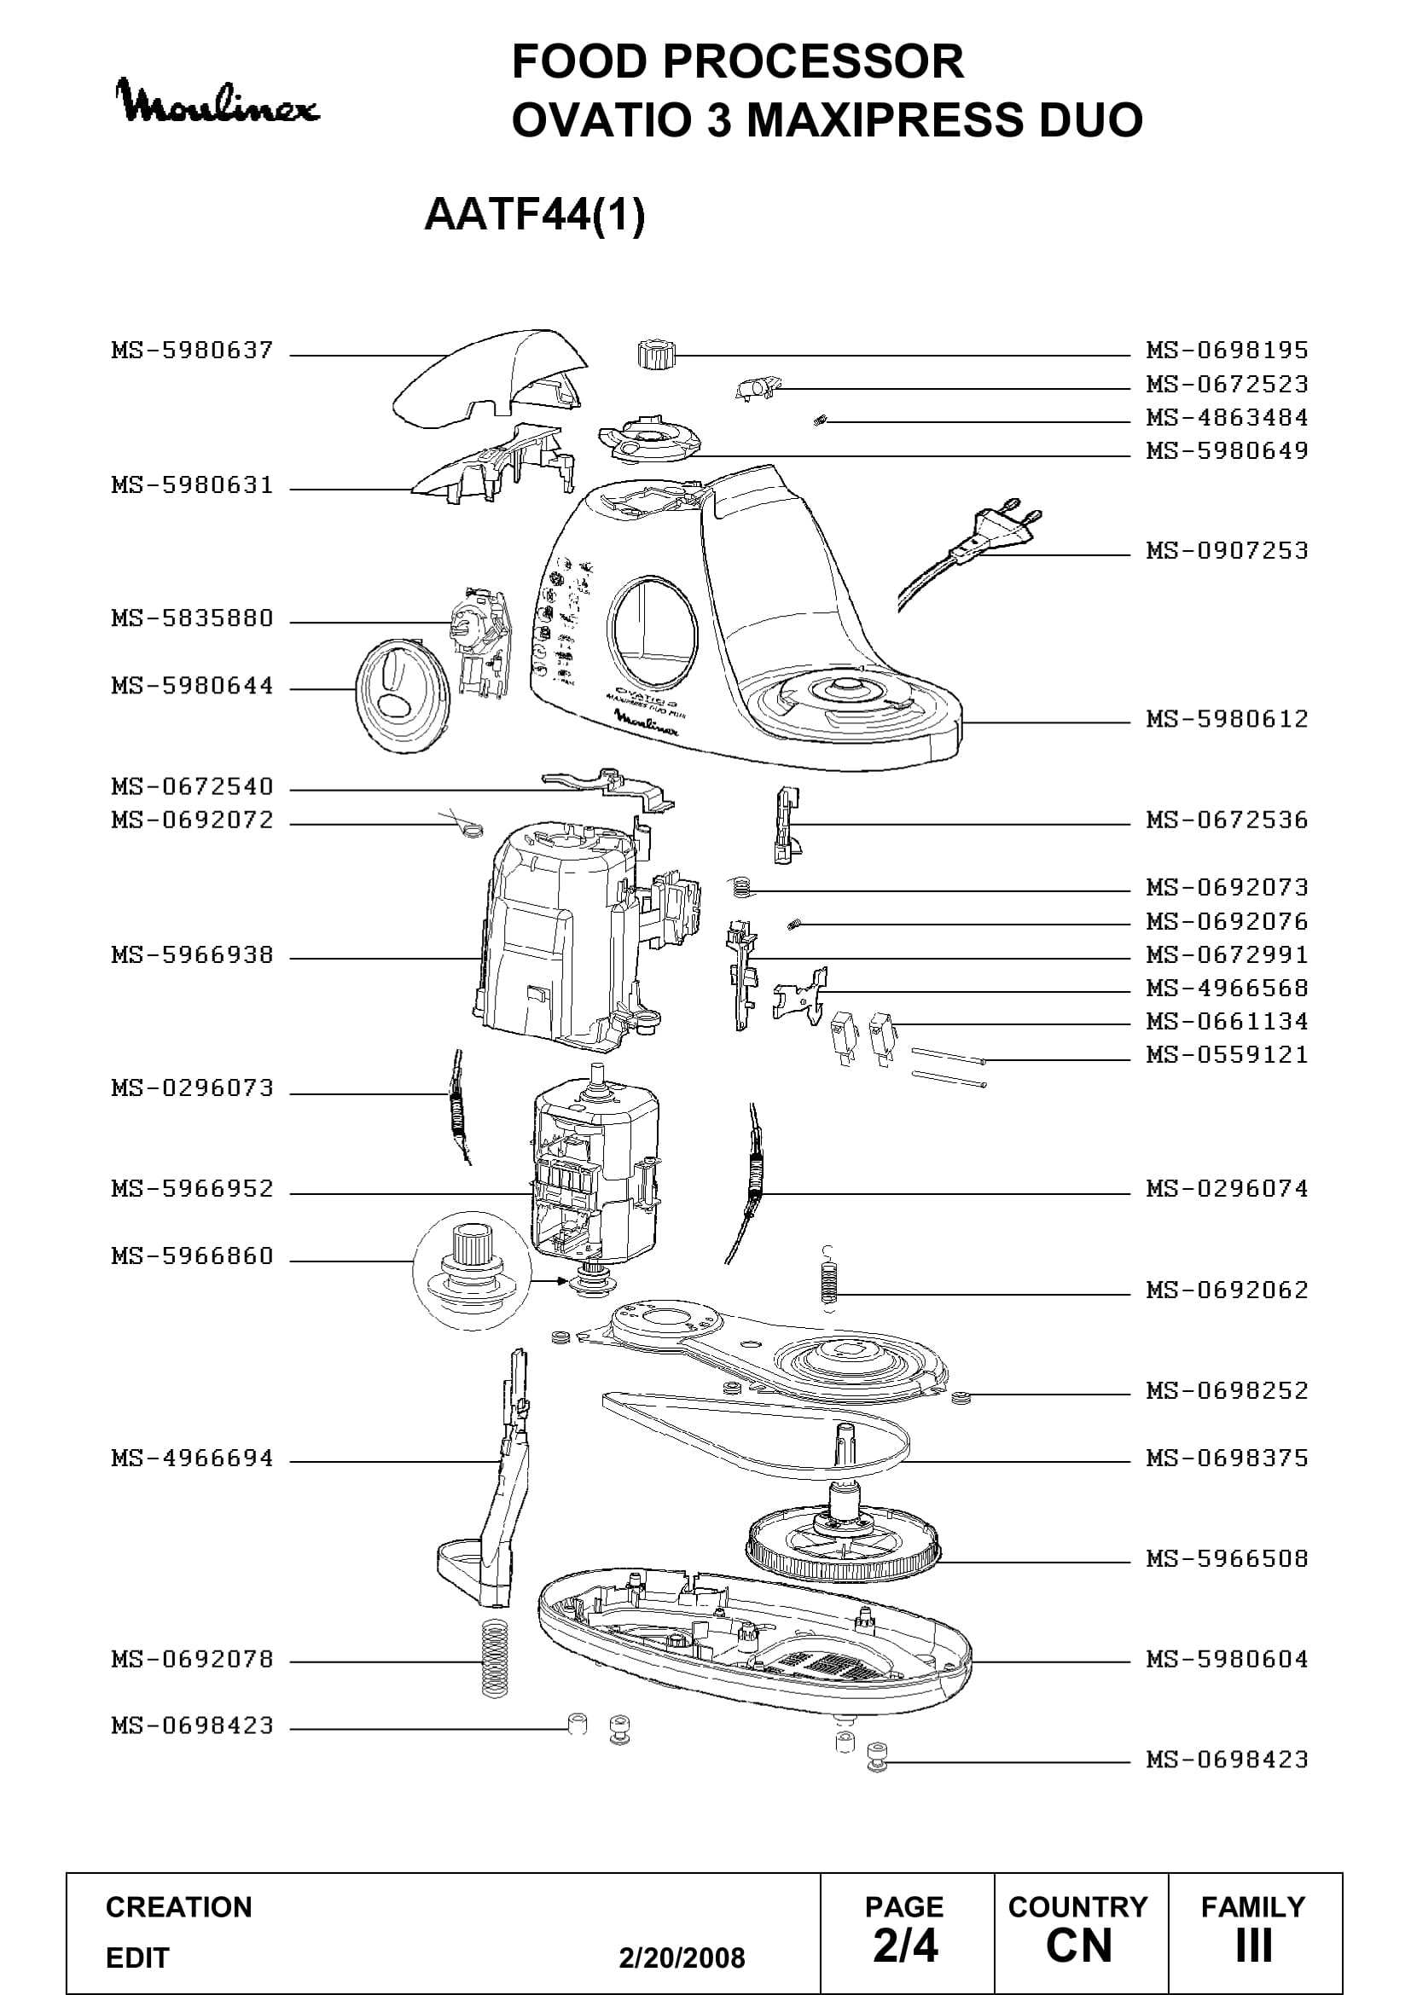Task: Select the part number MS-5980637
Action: coord(192,351)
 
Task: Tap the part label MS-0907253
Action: coord(1227,550)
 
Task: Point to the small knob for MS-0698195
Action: coord(654,354)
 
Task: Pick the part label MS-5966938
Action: coord(192,955)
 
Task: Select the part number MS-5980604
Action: coord(1227,1659)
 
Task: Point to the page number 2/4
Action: coord(905,1946)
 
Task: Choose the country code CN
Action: coord(1079,1946)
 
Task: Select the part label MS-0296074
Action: coord(1227,1188)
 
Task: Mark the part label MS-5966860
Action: coord(192,1256)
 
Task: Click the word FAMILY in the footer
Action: coord(1253,1907)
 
